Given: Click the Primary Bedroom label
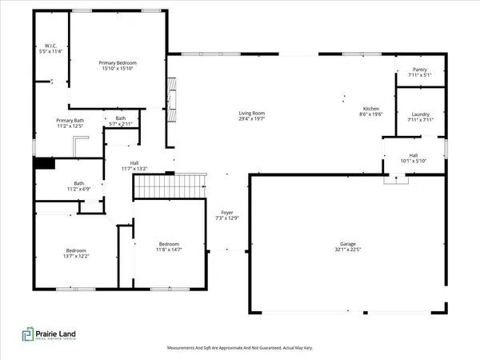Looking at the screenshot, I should tap(118, 62).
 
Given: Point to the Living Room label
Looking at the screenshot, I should tap(251, 114).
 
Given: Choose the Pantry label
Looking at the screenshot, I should tap(419, 70).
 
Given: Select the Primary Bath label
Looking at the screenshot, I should tap(70, 119).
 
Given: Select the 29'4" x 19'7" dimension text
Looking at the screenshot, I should tap(251, 119).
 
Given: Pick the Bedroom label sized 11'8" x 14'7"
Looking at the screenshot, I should tap(169, 244).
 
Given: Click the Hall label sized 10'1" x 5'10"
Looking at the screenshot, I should tap(413, 155).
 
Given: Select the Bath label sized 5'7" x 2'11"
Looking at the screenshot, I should tap(123, 119).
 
